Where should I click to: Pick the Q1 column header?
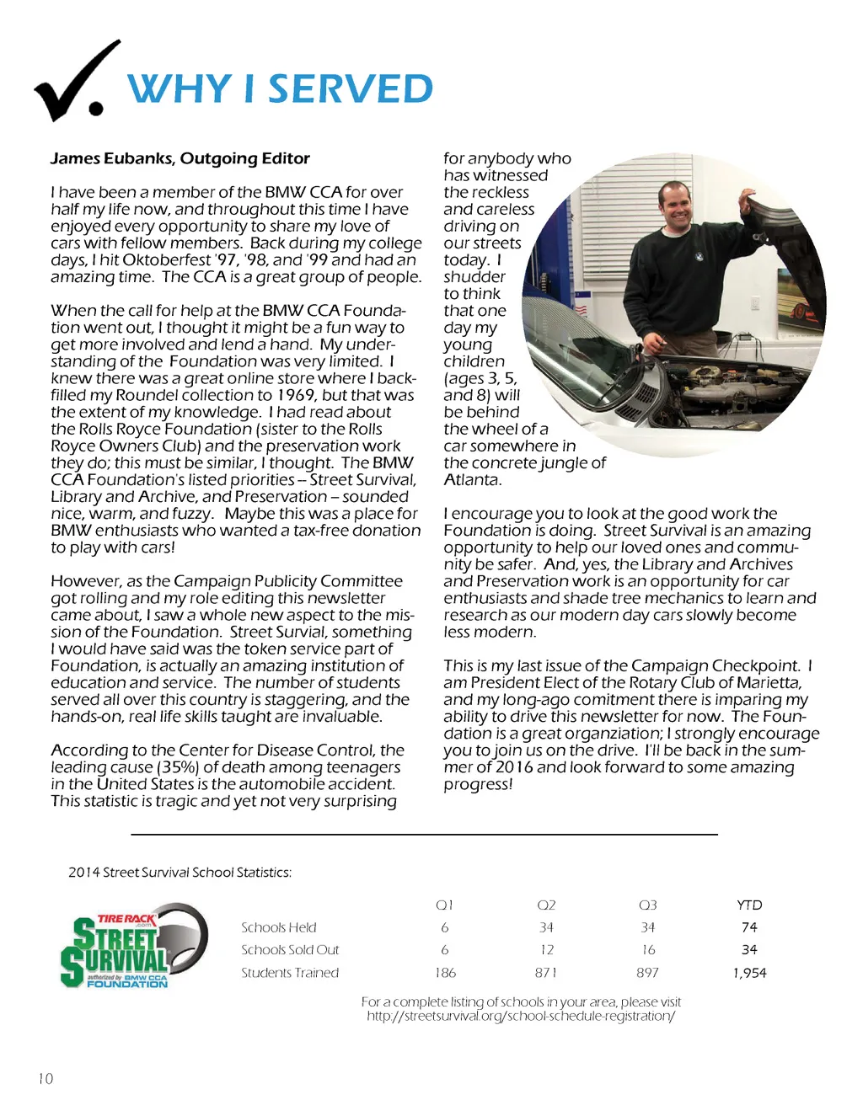tap(445, 905)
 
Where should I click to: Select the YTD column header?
tap(749, 905)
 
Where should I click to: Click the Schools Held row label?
tap(279, 927)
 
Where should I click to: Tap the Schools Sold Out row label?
tap(290, 950)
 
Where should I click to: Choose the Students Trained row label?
tap(290, 973)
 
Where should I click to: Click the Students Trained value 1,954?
tap(749, 973)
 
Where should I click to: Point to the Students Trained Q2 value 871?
tap(546, 973)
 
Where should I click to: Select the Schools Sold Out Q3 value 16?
tap(647, 950)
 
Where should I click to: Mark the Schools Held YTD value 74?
tap(749, 927)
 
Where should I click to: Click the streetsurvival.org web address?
tap(521, 1016)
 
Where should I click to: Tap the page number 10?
tap(46, 1078)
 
